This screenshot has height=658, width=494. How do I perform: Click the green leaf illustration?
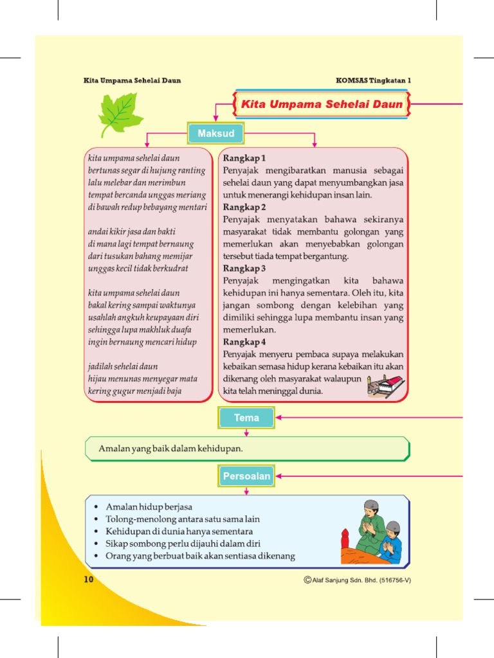[120, 114]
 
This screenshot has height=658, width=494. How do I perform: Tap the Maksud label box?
[215, 134]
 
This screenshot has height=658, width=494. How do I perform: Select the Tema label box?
[246, 418]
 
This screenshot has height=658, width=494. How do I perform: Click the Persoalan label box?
[246, 476]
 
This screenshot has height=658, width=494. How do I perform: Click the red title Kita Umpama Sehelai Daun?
[322, 104]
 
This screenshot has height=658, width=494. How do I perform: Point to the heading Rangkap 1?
[244, 158]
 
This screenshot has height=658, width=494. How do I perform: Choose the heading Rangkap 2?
[244, 207]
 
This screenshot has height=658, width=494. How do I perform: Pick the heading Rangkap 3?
[244, 269]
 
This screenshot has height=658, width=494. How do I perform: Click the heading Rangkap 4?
[244, 342]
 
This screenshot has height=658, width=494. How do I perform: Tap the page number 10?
[89, 580]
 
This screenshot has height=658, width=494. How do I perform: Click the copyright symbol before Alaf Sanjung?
[307, 580]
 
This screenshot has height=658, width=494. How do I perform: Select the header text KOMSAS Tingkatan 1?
[373, 80]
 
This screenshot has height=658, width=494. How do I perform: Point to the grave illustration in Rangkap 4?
[385, 386]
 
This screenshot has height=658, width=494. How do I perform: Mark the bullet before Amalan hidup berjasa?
[96, 507]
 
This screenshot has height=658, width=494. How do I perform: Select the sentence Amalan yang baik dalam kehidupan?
[171, 448]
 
